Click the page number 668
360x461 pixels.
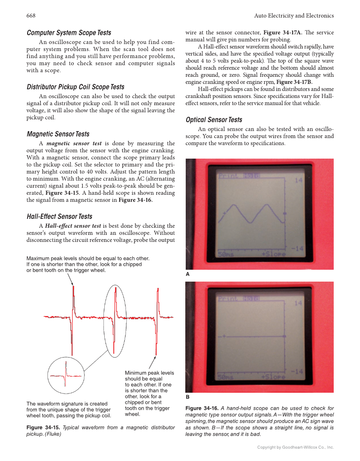(x=31, y=16)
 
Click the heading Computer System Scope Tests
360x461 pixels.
(x=69, y=33)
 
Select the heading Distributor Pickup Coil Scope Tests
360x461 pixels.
(x=75, y=87)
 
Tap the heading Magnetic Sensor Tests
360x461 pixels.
(x=58, y=134)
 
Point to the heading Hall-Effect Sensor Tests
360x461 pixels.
(x=59, y=216)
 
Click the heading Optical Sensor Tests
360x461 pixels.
(x=214, y=120)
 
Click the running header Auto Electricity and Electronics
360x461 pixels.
(x=294, y=16)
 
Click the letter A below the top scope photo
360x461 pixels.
(x=188, y=274)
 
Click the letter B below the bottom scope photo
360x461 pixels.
(x=188, y=397)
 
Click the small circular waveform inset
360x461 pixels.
(x=66, y=375)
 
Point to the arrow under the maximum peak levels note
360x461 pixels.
(x=70, y=279)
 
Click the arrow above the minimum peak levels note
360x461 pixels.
(x=151, y=363)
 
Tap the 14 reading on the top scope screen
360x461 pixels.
(x=299, y=181)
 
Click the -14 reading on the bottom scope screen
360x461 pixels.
(x=297, y=372)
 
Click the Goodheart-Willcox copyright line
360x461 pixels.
(x=296, y=447)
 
